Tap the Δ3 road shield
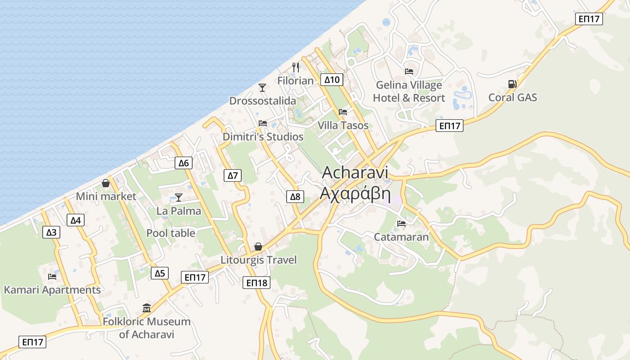click(x=52, y=232)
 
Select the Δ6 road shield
click(x=184, y=163)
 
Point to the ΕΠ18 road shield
click(x=257, y=283)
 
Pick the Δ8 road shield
click(x=295, y=196)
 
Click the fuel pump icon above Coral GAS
click(x=512, y=84)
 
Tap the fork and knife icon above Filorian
click(x=296, y=67)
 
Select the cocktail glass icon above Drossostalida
click(x=262, y=87)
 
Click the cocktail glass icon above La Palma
click(x=179, y=198)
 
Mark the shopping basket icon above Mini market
click(x=106, y=183)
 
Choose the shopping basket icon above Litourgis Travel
click(x=258, y=247)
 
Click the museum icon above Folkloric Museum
click(x=147, y=308)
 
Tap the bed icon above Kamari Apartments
click(x=52, y=276)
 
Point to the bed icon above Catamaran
click(x=401, y=223)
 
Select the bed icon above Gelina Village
click(x=409, y=71)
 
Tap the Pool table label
click(x=171, y=233)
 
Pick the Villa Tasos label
click(x=343, y=126)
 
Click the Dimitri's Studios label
click(x=263, y=137)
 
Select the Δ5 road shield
click(x=160, y=273)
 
